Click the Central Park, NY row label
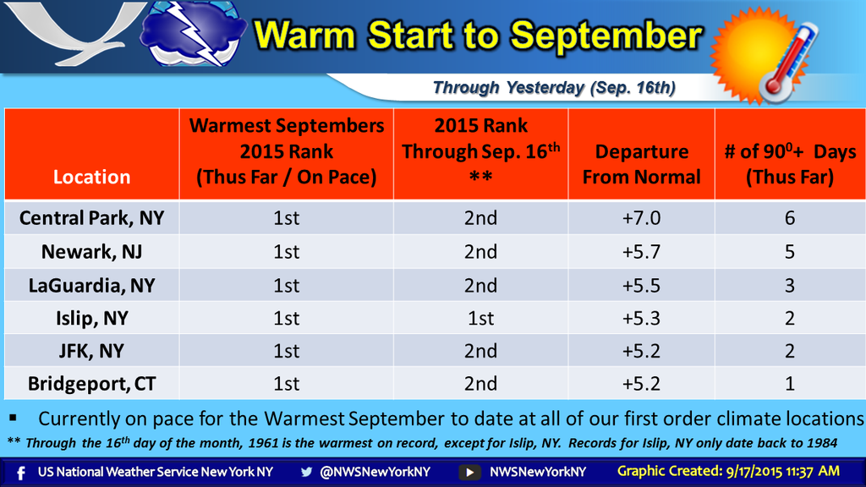tap(91, 218)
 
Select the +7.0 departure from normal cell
tap(641, 218)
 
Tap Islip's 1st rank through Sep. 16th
tap(480, 318)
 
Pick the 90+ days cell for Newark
tap(790, 252)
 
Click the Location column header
tap(91, 177)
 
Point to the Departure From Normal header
tap(641, 164)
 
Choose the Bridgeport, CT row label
tap(91, 384)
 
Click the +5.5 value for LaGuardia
tap(641, 286)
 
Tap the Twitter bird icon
tap(306, 472)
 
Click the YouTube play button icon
tap(469, 473)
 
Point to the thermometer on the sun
tap(788, 61)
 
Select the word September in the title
tap(606, 36)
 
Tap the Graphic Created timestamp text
tap(728, 472)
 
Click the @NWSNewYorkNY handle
tap(375, 472)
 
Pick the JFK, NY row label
tap(91, 351)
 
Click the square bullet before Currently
tap(13, 418)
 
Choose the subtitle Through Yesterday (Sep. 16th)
tap(554, 88)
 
